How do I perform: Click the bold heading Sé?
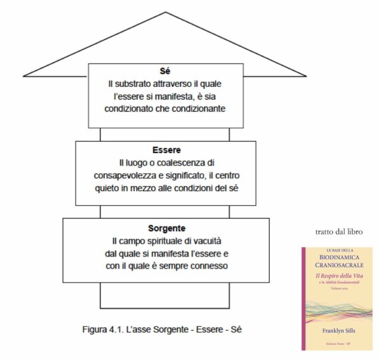click(x=165, y=71)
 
